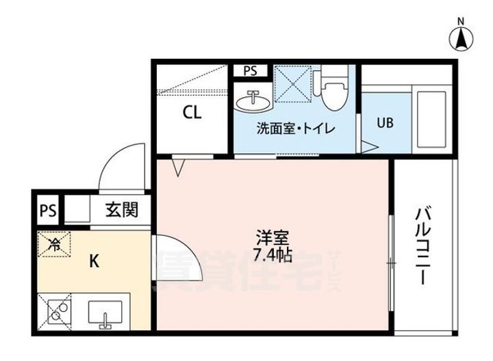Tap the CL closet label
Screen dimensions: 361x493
coord(192,113)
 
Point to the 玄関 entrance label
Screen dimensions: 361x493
coord(121,210)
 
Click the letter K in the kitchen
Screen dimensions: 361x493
coord(96,260)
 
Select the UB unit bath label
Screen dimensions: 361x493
coord(385,123)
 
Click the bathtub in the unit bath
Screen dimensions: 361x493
coord(433,113)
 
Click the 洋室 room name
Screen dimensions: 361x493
coord(272,239)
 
